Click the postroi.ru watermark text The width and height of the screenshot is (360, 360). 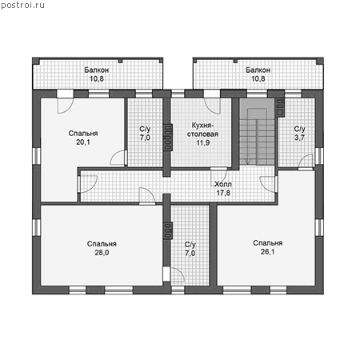pos(22,5)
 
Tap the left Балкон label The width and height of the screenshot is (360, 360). pos(97,70)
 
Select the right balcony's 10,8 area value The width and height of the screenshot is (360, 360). pos(258,78)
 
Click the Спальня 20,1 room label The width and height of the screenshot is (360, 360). pos(83,138)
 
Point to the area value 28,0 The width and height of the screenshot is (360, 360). pos(102,252)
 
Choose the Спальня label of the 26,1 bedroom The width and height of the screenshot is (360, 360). pos(267,243)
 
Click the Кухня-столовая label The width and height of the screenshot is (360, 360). pos(202,130)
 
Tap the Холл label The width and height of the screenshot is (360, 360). pos(223,184)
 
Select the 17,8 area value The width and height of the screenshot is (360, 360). pos(223,193)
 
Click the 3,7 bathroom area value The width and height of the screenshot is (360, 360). pos(299,138)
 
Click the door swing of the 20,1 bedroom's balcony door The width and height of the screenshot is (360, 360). pos(66,106)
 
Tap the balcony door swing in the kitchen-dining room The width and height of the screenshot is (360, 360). pos(212,106)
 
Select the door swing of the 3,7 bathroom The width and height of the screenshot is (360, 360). pos(306,161)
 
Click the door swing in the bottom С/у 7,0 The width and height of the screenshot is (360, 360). pos(178,274)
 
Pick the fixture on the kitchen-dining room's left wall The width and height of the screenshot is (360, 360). pos(168,137)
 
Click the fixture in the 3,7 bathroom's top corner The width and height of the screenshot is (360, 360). pos(280,108)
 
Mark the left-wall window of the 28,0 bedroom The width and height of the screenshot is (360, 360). pos(36,227)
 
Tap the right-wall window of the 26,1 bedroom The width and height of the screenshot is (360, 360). pos(319,228)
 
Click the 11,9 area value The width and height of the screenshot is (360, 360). pos(203,142)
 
